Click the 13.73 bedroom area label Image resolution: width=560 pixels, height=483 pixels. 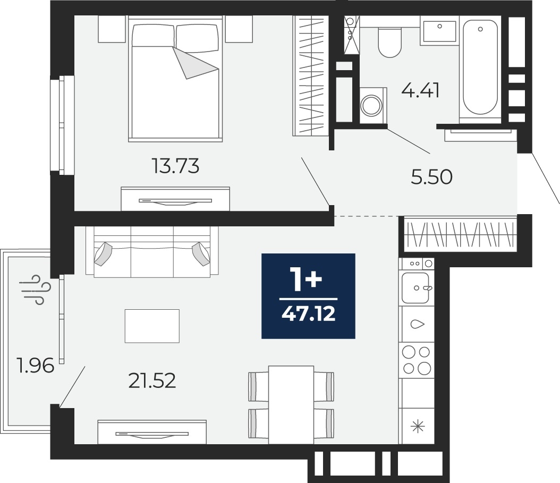[x=175, y=166]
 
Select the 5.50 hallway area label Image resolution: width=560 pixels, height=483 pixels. [x=432, y=177]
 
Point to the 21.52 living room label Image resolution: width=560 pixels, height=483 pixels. [x=152, y=381]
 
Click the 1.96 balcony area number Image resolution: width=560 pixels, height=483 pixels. [x=36, y=365]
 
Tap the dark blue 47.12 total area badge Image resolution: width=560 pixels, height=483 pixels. [x=308, y=296]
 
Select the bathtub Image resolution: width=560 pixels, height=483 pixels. [x=480, y=67]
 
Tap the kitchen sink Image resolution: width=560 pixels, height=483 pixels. [x=415, y=287]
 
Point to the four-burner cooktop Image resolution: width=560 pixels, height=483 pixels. [x=417, y=360]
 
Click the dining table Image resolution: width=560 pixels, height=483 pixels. [x=291, y=405]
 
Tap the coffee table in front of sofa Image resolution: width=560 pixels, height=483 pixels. [x=152, y=326]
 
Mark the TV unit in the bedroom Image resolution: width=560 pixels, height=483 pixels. [x=175, y=199]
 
